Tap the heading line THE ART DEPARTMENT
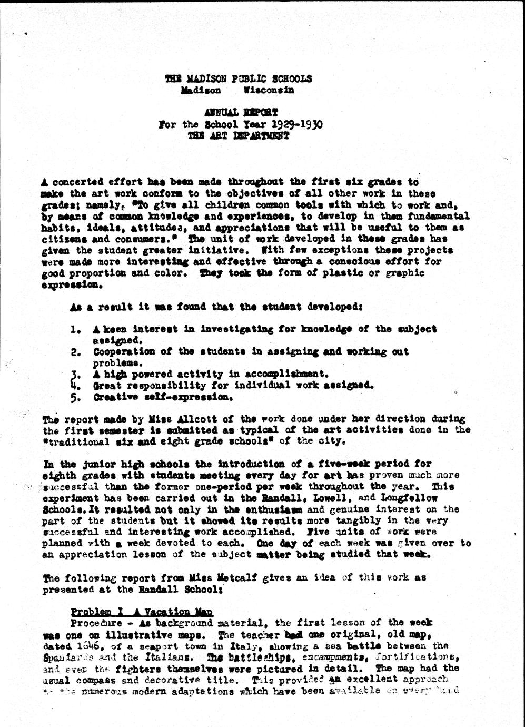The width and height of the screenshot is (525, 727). click(x=239, y=136)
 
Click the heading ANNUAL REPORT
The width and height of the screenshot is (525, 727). click(x=241, y=113)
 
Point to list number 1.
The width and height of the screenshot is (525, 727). click(x=76, y=330)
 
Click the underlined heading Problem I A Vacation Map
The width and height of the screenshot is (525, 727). click(x=142, y=612)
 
